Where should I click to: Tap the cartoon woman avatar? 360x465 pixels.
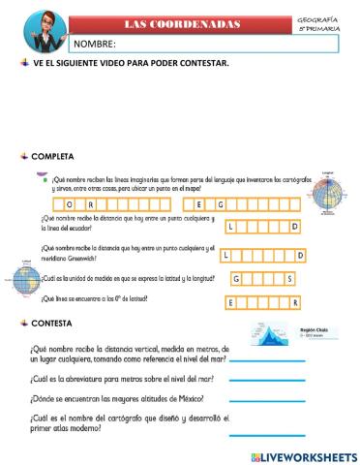[x=38, y=29]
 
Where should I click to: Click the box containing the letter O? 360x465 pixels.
[x=69, y=204]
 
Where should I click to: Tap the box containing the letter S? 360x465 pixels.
[x=287, y=279]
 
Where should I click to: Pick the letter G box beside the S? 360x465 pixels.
[x=238, y=279]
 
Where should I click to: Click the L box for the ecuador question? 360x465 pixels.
[x=232, y=227]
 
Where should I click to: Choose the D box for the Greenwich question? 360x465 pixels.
[x=300, y=256]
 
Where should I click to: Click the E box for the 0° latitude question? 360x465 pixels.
[x=231, y=303]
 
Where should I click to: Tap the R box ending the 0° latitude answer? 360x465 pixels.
[x=287, y=303]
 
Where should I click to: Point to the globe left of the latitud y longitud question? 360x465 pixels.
[x=26, y=282]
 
